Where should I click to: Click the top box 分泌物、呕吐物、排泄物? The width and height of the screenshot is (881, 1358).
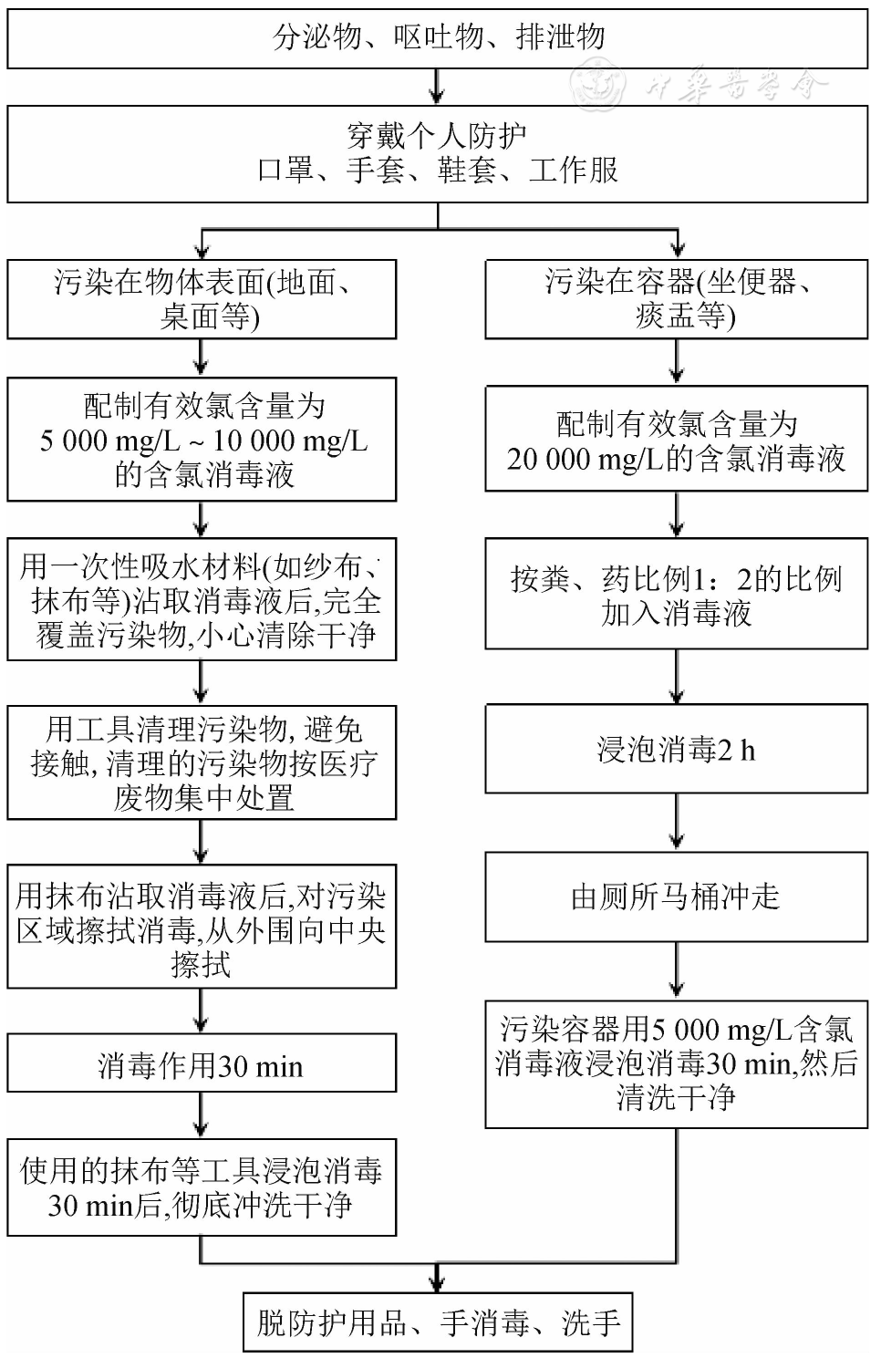pyautogui.click(x=438, y=38)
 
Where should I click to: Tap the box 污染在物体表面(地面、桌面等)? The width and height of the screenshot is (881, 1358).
pyautogui.click(x=202, y=299)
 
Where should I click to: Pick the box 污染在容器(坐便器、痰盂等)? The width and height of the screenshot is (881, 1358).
pyautogui.click(x=676, y=299)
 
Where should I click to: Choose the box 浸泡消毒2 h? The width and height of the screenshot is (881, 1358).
pyautogui.click(x=676, y=750)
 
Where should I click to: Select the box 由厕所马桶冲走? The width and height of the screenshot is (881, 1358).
pyautogui.click(x=676, y=897)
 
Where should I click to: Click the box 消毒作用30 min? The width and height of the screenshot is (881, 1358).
pyautogui.click(x=202, y=1064)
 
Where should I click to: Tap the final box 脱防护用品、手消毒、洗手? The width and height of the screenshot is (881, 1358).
pyautogui.click(x=438, y=1322)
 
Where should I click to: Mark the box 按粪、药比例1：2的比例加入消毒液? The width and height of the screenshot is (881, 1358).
pyautogui.click(x=676, y=595)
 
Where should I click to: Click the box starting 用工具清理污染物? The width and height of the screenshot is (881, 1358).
pyautogui.click(x=202, y=762)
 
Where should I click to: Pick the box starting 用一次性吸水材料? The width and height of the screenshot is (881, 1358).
pyautogui.click(x=202, y=600)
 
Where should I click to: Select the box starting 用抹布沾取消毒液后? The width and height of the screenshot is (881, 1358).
pyautogui.click(x=202, y=928)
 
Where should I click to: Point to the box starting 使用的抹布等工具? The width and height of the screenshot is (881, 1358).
pyautogui.click(x=202, y=1187)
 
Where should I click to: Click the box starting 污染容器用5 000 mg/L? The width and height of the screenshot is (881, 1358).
pyautogui.click(x=676, y=1063)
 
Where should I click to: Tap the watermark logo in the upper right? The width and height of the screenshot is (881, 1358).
pyautogui.click(x=598, y=86)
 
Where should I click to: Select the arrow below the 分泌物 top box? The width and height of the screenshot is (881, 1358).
pyautogui.click(x=438, y=88)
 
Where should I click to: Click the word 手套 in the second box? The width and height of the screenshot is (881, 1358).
pyautogui.click(x=375, y=170)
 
